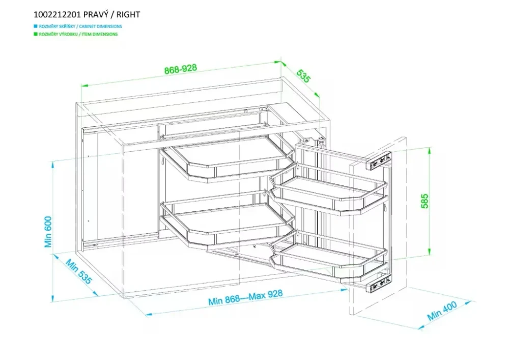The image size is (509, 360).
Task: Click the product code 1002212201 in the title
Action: point(55,15)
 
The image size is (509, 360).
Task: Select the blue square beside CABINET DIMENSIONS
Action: point(34,26)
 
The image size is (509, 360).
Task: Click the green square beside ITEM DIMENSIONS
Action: point(34,34)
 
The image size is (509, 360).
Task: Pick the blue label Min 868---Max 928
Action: point(245,298)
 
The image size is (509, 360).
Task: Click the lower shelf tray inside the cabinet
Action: point(227,222)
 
